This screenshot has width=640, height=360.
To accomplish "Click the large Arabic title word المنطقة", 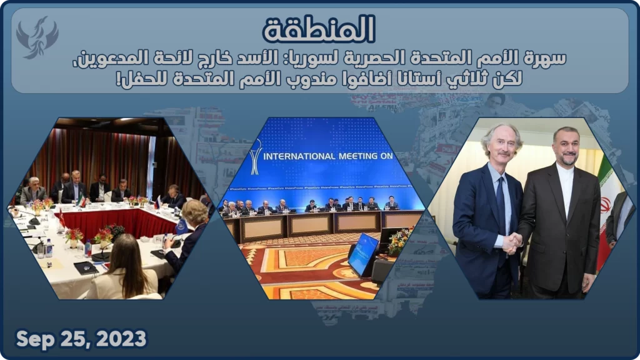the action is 319,29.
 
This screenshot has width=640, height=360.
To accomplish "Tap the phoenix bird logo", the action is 37,37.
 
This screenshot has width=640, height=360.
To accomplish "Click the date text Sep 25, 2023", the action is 81,339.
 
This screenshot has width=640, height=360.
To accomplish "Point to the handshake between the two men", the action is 512,244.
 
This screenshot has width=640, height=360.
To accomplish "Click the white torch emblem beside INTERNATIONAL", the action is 256,157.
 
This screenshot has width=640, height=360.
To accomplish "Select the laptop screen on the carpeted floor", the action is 363,254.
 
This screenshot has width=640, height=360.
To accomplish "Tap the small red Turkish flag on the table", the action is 62,218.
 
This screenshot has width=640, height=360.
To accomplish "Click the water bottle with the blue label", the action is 49,247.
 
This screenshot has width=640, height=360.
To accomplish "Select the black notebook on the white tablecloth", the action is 86,267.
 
